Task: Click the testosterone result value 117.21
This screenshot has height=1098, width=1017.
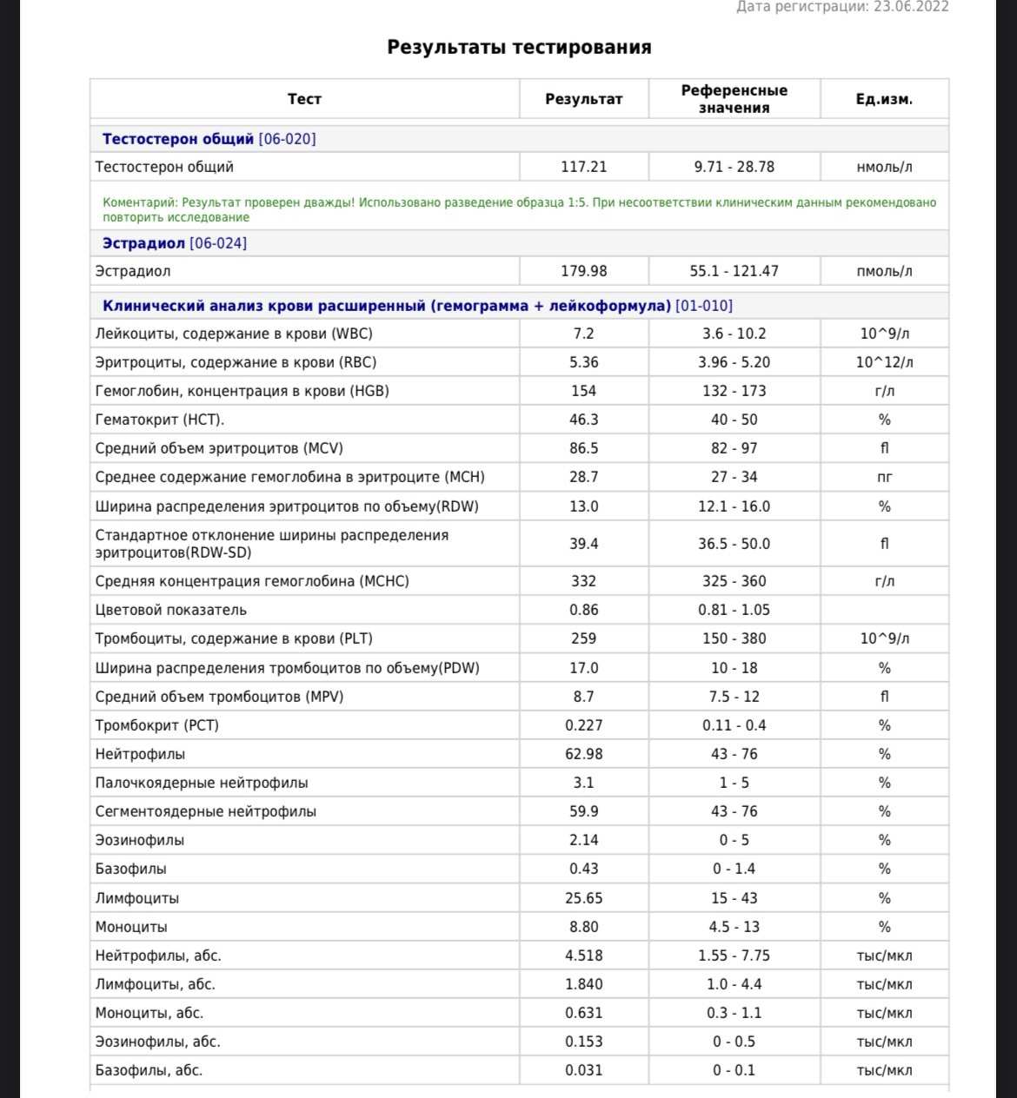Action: pyautogui.click(x=583, y=167)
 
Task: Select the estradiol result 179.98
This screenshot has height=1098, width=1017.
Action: pyautogui.click(x=583, y=271)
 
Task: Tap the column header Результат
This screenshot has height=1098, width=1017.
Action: pyautogui.click(x=583, y=99)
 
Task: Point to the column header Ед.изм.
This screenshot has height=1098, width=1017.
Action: pyautogui.click(x=884, y=99)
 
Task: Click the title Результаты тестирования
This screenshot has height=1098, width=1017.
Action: pyautogui.click(x=519, y=47)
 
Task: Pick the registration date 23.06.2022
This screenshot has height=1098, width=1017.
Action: pyautogui.click(x=910, y=7)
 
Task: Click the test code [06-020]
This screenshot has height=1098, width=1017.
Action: pyautogui.click(x=287, y=139)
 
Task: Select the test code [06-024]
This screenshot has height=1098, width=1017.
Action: pyautogui.click(x=218, y=243)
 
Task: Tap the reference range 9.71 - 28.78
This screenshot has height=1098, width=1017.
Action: pyautogui.click(x=734, y=167)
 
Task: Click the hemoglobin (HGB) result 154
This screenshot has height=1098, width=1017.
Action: pyautogui.click(x=583, y=391)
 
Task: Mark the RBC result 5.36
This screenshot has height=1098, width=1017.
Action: pyautogui.click(x=583, y=362)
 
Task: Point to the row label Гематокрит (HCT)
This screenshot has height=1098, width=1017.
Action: pyautogui.click(x=160, y=420)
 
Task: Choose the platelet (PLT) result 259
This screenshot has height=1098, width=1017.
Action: pyautogui.click(x=583, y=638)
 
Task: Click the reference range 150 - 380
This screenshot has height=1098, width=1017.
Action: pyautogui.click(x=734, y=638)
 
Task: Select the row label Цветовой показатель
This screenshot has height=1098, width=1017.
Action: pyautogui.click(x=171, y=610)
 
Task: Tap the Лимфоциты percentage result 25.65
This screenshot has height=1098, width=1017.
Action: pyautogui.click(x=583, y=898)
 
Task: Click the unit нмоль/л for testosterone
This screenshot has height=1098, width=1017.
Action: pyautogui.click(x=884, y=167)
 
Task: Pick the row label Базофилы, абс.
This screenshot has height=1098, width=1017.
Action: pyautogui.click(x=149, y=1070)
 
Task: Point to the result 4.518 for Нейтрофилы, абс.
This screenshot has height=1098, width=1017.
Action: pyautogui.click(x=583, y=956)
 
